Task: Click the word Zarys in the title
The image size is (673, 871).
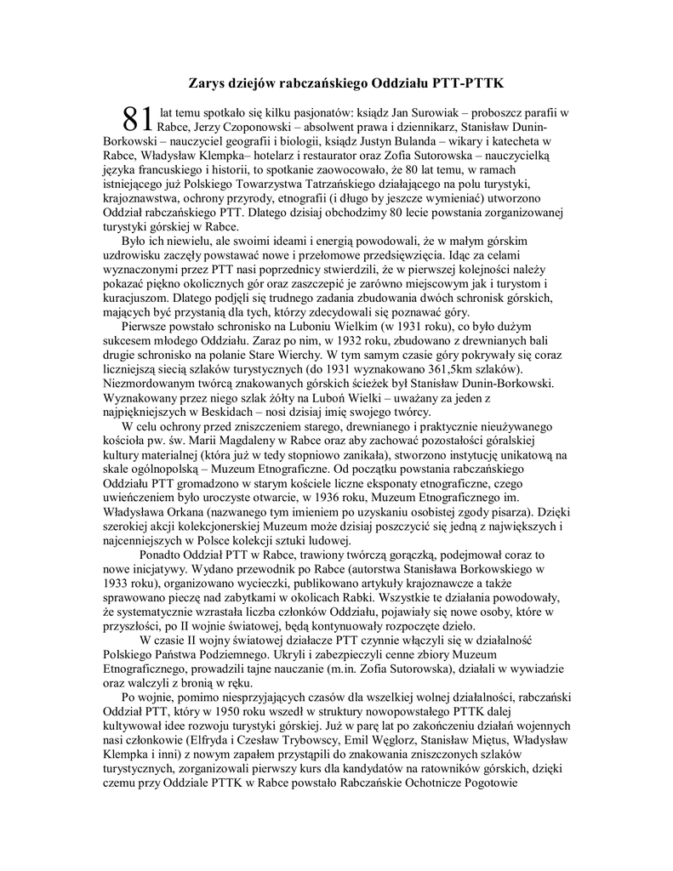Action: click(x=207, y=83)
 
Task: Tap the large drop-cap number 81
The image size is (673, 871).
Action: click(x=136, y=120)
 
